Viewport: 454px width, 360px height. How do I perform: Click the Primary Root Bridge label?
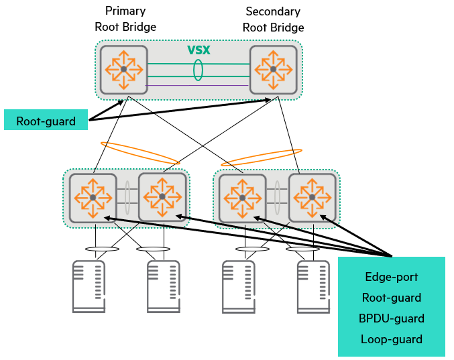point(125,19)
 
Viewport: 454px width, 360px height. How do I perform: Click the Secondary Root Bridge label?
point(273,19)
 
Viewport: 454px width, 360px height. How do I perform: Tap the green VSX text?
point(199,50)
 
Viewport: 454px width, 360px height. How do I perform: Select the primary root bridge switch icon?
point(123,69)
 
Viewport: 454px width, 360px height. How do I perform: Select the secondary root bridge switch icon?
point(273,69)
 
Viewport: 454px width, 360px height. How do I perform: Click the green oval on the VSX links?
point(198,70)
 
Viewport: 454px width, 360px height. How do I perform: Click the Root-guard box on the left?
point(46,121)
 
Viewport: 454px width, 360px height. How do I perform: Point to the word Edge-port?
point(392,276)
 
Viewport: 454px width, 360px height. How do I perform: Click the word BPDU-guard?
point(392,318)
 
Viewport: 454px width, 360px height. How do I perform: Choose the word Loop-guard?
point(392,339)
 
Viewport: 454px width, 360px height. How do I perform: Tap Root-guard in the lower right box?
point(392,298)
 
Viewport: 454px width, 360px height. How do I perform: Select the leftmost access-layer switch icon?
point(92,198)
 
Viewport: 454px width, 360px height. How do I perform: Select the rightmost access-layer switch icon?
point(312,197)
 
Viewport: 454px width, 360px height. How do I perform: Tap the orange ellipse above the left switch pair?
point(140,153)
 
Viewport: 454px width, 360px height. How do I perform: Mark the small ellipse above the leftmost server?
point(103,249)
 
